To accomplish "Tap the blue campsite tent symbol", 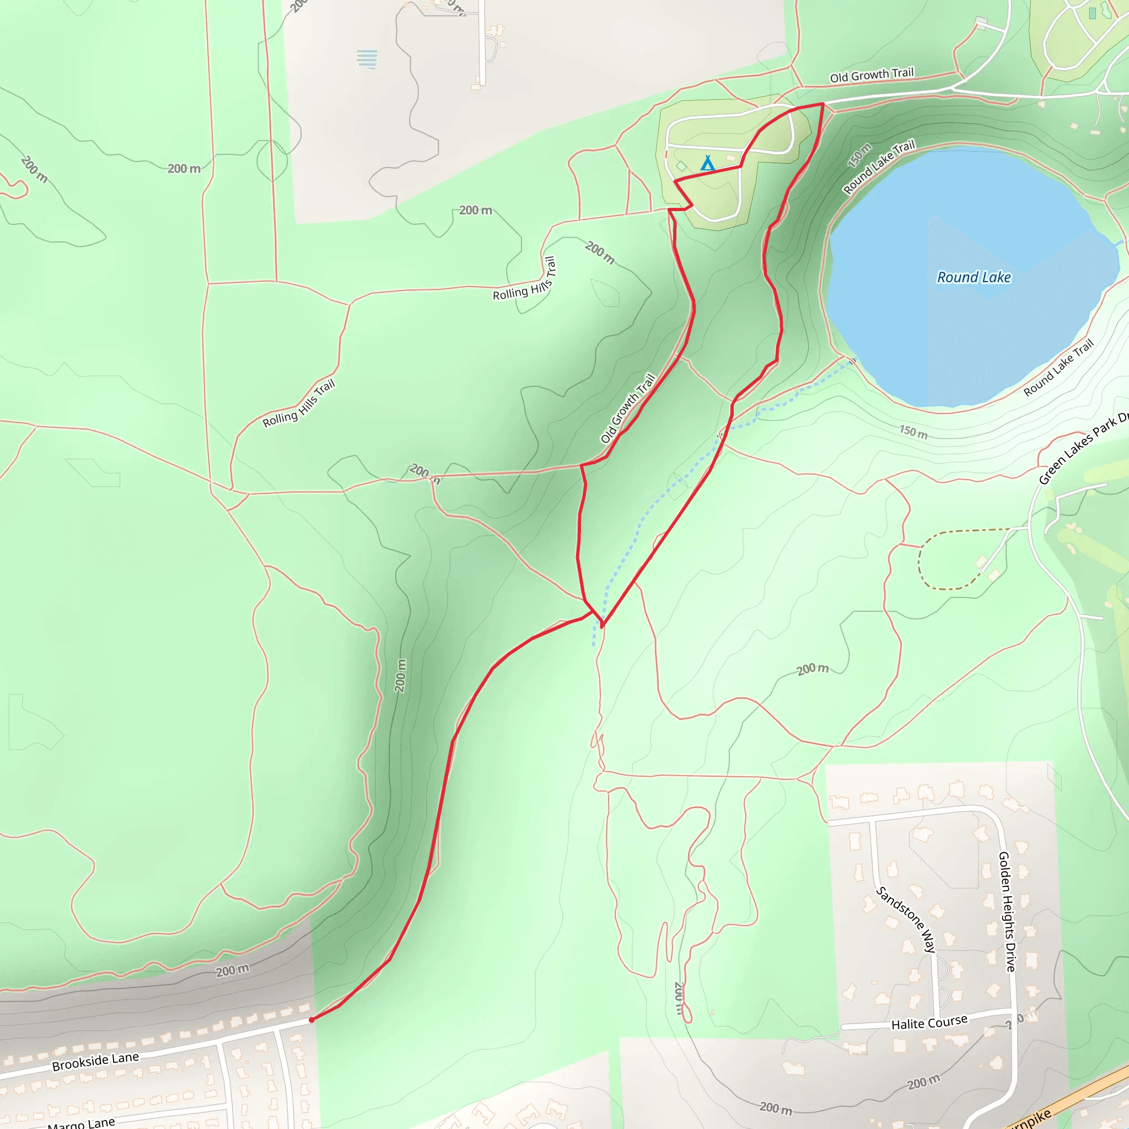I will click(707, 163).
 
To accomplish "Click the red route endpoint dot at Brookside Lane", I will click(311, 1020).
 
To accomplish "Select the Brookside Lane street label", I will click(95, 1061).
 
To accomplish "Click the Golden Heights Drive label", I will click(1007, 911).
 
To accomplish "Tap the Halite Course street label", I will click(929, 1023).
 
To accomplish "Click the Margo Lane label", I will click(81, 1122).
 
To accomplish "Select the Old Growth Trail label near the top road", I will click(872, 76).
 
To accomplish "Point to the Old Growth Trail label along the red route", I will click(627, 408).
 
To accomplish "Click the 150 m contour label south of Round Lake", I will click(913, 432).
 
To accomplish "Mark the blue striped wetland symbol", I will click(367, 59).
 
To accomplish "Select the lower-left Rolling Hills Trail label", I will click(299, 403).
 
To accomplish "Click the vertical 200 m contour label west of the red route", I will click(400, 675).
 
